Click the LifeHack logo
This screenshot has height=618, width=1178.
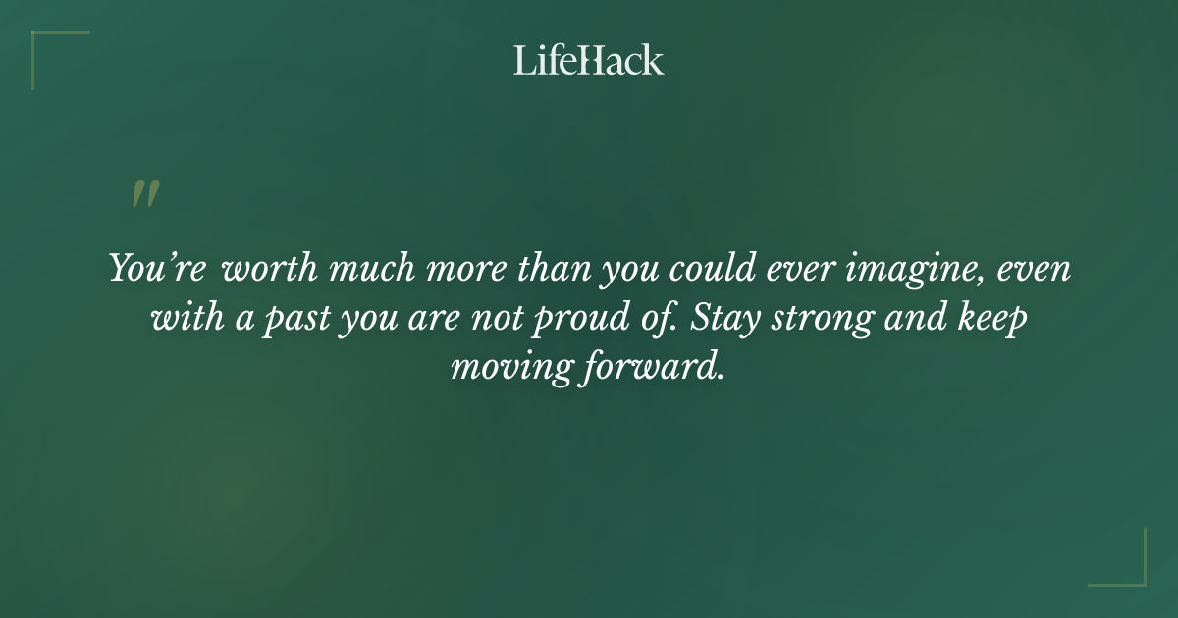point(589,60)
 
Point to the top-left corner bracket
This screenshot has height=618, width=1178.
point(44,44)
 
